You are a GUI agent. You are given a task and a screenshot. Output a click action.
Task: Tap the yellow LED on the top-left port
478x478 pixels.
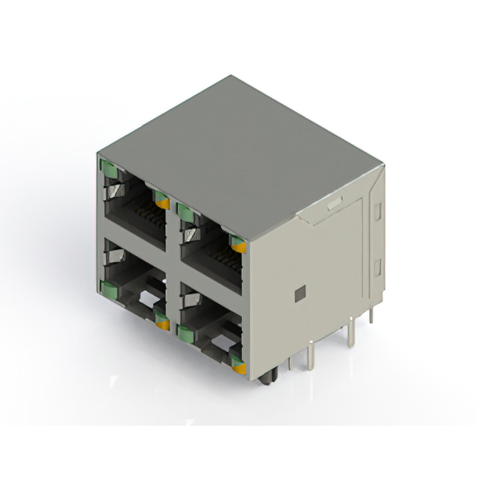161,199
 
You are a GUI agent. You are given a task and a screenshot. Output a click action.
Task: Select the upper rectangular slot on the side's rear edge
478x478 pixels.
377,211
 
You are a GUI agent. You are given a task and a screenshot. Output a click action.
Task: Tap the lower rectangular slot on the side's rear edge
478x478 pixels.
377,267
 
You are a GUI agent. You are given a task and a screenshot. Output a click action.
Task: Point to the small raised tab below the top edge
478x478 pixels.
334,202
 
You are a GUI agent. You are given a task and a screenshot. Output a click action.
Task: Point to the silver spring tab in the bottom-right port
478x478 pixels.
190,302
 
